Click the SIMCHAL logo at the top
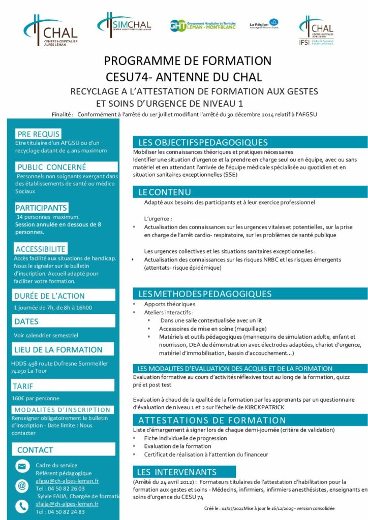pyautogui.click(x=124, y=24)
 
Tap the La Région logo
pyautogui.click(x=264, y=24)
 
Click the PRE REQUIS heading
pyautogui.click(x=39, y=134)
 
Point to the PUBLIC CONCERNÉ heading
pyautogui.click(x=51, y=167)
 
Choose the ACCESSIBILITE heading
pyautogui.click(x=40, y=249)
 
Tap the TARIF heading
pyautogui.click(x=23, y=386)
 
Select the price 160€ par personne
pyautogui.click(x=32, y=398)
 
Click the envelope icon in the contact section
pyautogui.click(x=22, y=466)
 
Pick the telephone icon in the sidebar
pyautogui.click(x=22, y=506)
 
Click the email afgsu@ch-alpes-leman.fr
pyautogui.click(x=67, y=480)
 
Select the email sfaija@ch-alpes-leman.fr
pyautogui.click(x=67, y=504)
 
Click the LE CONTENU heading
pyautogui.click(x=165, y=192)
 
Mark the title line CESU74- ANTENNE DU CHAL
pyautogui.click(x=184, y=77)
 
